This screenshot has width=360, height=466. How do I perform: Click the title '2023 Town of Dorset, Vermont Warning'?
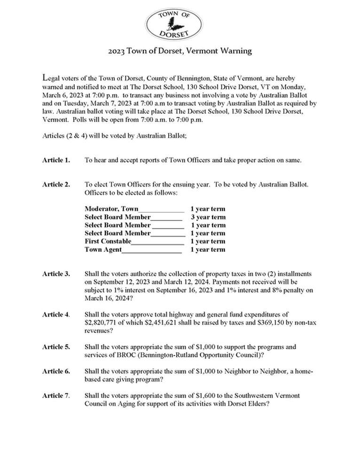[x=180, y=51]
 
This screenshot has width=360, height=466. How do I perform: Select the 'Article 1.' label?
[x=56, y=160]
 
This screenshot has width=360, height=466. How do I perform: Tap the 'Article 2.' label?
[x=56, y=185]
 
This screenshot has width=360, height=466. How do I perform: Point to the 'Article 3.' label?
[x=56, y=274]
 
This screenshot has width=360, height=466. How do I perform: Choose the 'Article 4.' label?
[x=56, y=314]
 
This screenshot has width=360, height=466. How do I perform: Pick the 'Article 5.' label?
[x=56, y=347]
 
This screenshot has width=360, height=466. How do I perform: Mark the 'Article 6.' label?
[x=56, y=372]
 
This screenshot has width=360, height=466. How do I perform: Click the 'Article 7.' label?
[x=56, y=396]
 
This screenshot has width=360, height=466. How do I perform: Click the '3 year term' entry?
[x=207, y=217]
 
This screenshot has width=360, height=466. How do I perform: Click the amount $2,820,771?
[x=103, y=323]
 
